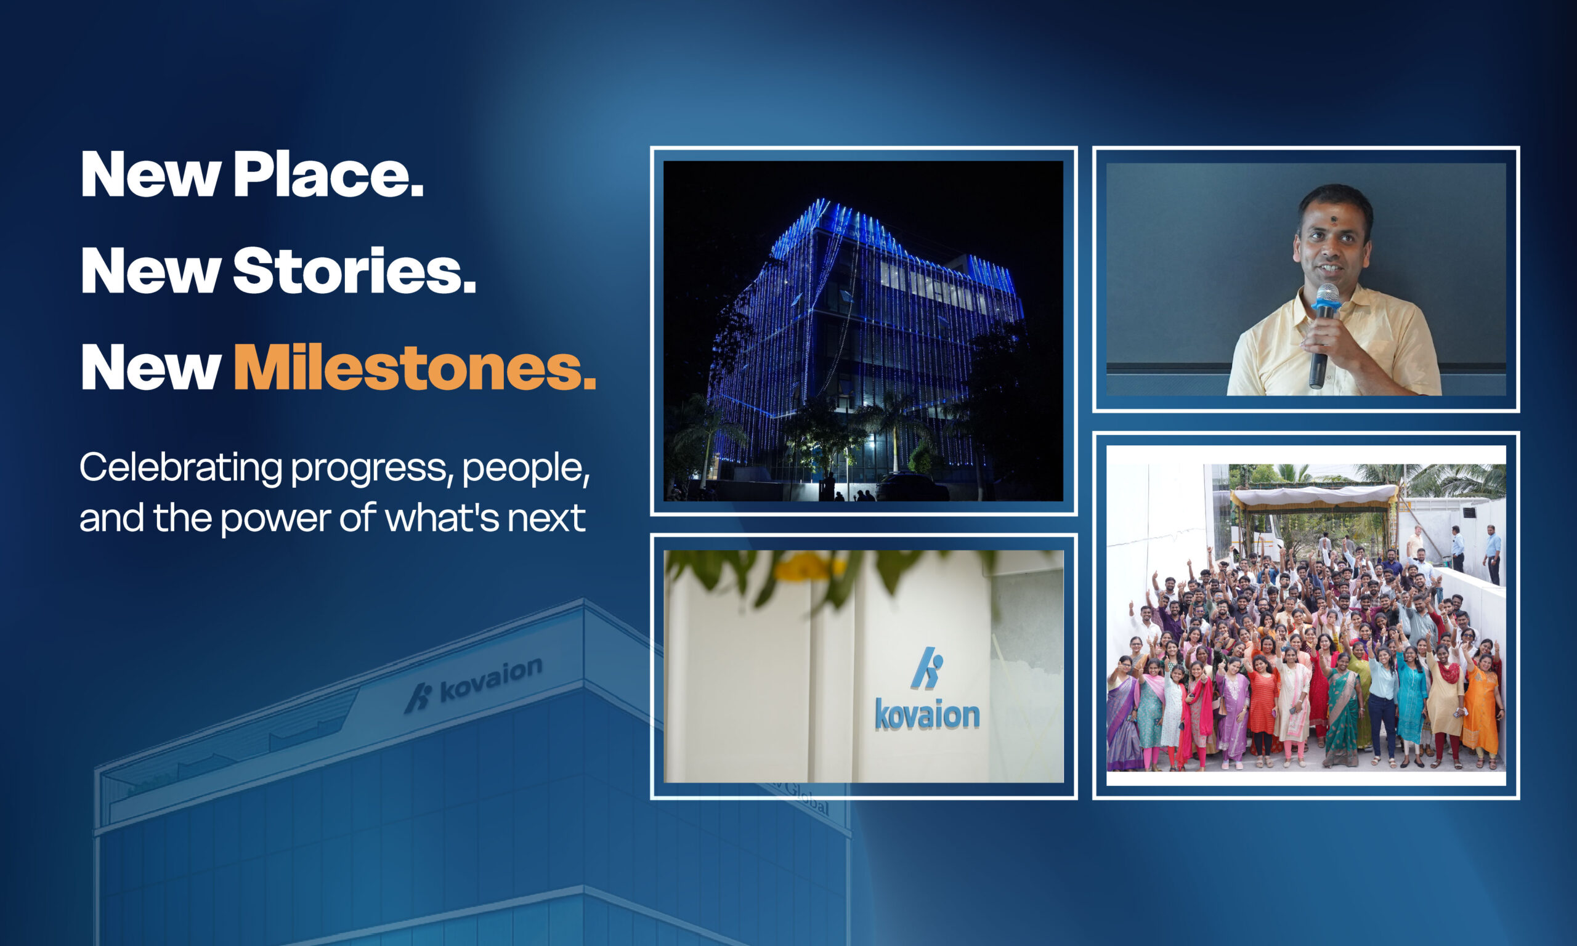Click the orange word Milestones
(x=415, y=368)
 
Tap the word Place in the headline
(x=328, y=175)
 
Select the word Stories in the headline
(x=354, y=271)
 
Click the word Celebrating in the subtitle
(x=180, y=467)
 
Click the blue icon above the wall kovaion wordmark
(x=928, y=668)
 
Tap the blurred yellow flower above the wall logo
(x=811, y=566)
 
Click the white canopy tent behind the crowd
(x=1315, y=495)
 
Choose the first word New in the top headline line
(x=150, y=175)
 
